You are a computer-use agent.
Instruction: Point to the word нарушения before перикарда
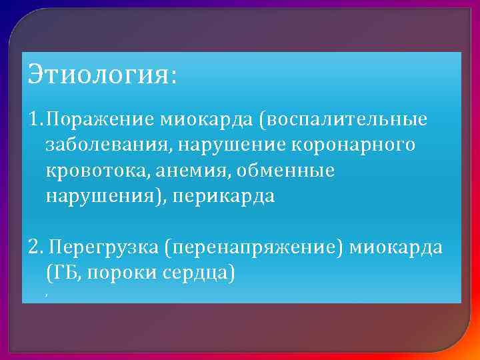pyautogui.click(x=94, y=197)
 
